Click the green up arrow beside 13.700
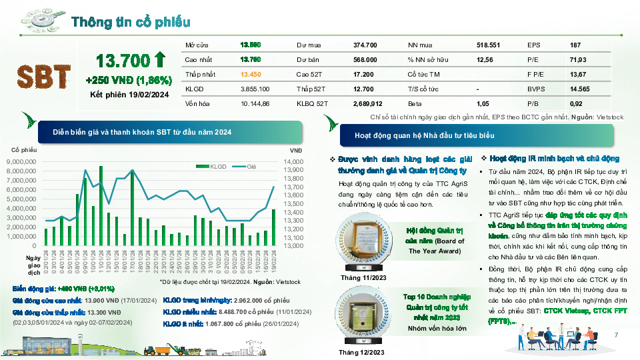159,61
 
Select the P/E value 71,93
578,59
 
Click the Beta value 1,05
483,103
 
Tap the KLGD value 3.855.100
255,89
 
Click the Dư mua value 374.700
365,45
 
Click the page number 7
615,335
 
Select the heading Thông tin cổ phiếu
131,22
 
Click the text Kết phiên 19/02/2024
129,95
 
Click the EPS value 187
575,45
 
